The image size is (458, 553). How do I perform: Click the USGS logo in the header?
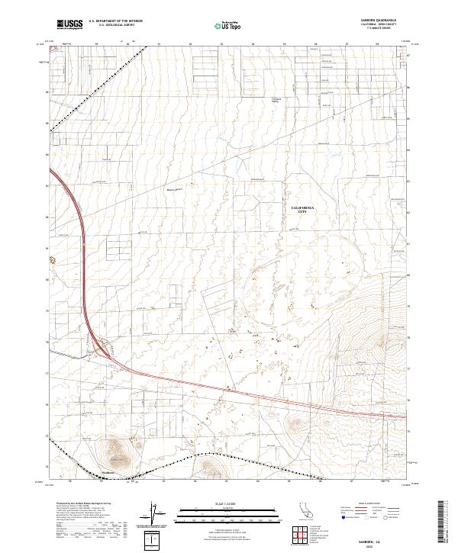point(69,25)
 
